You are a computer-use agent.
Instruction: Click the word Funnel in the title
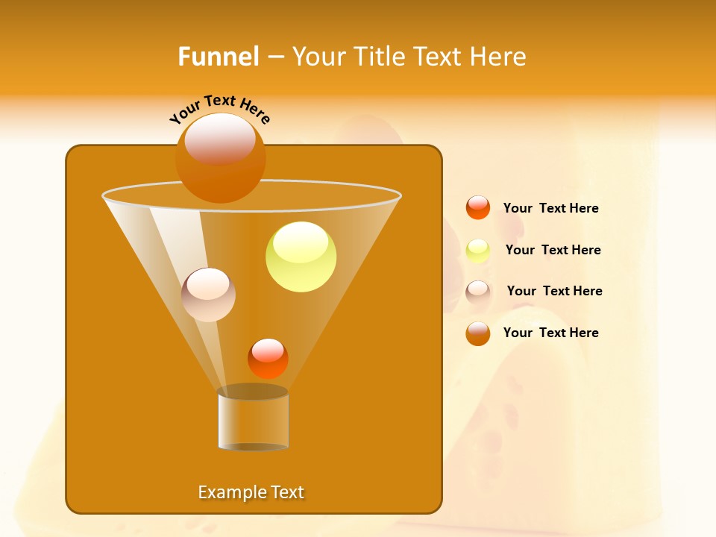pyautogui.click(x=218, y=57)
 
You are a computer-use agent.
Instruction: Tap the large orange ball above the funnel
pyautogui.click(x=220, y=157)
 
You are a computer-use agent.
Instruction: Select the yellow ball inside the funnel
pyautogui.click(x=301, y=257)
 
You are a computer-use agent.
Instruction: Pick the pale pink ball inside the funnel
pyautogui.click(x=208, y=295)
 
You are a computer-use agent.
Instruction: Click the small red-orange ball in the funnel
pyautogui.click(x=268, y=358)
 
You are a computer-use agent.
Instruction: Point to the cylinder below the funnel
pyautogui.click(x=253, y=419)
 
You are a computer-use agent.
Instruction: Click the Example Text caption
pyautogui.click(x=251, y=492)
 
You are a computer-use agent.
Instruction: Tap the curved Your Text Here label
pyautogui.click(x=219, y=109)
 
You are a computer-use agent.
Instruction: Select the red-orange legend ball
pyautogui.click(x=478, y=207)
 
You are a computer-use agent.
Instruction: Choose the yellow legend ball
pyautogui.click(x=478, y=250)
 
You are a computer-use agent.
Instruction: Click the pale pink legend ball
pyautogui.click(x=478, y=292)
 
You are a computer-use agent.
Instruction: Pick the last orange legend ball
pyautogui.click(x=478, y=333)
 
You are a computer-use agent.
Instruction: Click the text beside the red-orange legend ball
pyautogui.click(x=550, y=208)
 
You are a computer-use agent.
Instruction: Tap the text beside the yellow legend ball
pyautogui.click(x=553, y=250)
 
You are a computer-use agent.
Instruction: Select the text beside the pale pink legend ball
pyautogui.click(x=554, y=291)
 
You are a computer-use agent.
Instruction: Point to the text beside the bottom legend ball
pyautogui.click(x=550, y=333)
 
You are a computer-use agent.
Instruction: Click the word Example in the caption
pyautogui.click(x=228, y=492)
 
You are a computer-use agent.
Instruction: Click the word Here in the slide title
pyautogui.click(x=500, y=57)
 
